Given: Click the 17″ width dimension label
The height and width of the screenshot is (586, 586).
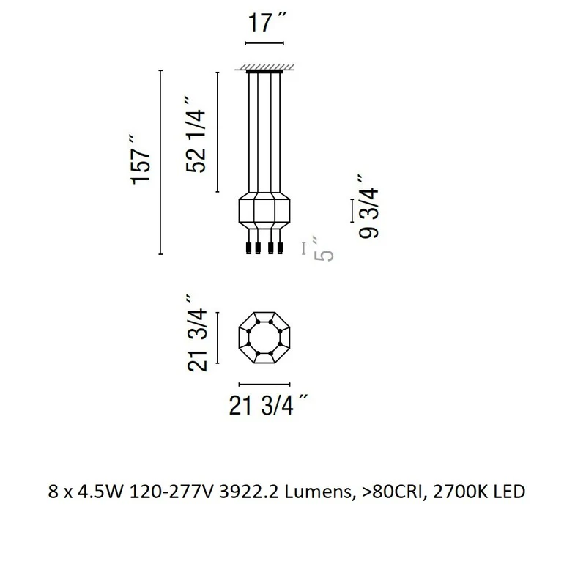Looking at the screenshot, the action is tap(267, 23).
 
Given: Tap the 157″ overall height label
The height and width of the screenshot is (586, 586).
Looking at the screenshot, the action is tap(140, 159).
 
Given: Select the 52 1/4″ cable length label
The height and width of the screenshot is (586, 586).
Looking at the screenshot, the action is tap(195, 135).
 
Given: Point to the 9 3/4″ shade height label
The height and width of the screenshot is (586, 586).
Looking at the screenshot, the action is tap(368, 207).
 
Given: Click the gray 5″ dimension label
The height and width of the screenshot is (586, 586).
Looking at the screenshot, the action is tap(323, 249).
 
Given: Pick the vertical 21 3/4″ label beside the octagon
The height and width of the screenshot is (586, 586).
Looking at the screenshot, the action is tap(196, 333).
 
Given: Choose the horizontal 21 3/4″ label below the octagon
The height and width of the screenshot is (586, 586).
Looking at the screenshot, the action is tap(268, 405).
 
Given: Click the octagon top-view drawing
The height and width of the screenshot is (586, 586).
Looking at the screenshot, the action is tap(264, 338).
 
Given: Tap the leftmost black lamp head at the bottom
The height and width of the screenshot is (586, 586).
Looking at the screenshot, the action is tap(249, 248).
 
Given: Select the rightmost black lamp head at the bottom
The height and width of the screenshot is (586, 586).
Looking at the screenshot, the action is tap(280, 248).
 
